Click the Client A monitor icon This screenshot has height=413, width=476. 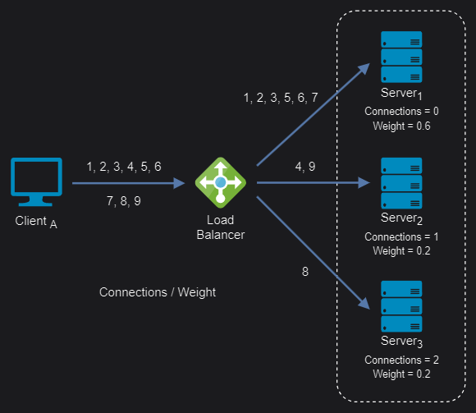36,182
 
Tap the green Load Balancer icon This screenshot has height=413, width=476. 221,182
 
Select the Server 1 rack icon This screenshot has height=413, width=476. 401,57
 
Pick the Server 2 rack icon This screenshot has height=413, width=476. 401,183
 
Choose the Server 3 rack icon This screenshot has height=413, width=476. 401,306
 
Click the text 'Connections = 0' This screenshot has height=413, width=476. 401,111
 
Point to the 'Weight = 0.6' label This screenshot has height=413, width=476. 401,126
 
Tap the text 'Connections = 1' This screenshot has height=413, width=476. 401,236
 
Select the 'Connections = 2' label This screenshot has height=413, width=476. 401,360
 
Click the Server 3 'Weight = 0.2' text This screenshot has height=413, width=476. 401,374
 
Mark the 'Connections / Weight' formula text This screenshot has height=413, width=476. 158,292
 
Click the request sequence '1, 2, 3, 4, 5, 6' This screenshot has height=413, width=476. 124,167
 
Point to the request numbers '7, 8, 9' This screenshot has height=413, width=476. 124,200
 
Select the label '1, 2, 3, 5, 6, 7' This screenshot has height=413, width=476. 281,98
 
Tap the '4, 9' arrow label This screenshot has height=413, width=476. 305,167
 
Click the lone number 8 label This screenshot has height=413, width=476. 305,272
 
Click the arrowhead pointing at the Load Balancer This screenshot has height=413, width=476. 179,183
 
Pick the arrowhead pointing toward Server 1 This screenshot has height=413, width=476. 364,69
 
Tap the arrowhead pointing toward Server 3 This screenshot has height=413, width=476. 364,303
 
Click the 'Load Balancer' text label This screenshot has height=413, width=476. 221,227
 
